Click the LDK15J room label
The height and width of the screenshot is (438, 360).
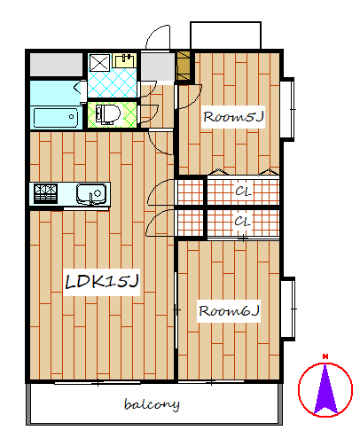click(102, 281)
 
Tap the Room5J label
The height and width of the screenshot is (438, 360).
click(233, 117)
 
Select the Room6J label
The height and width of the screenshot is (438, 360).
click(229, 311)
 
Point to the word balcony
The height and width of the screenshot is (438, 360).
click(152, 404)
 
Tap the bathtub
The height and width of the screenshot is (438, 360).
click(55, 117)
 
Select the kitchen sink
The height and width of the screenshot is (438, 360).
click(91, 194)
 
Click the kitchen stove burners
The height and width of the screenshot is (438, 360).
click(45, 193)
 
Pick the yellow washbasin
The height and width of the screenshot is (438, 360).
click(124, 61)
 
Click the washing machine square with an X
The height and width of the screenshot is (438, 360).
click(99, 62)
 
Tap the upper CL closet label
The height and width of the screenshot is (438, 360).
click(243, 192)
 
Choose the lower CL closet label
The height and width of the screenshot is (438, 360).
click(242, 222)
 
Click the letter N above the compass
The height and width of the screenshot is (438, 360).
click(325, 356)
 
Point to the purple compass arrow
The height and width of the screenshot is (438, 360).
click(325, 389)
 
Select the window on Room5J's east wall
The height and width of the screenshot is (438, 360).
click(287, 109)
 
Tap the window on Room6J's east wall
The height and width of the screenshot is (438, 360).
click(288, 309)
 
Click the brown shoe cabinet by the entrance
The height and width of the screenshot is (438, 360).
click(184, 66)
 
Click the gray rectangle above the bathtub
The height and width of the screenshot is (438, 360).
click(56, 65)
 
